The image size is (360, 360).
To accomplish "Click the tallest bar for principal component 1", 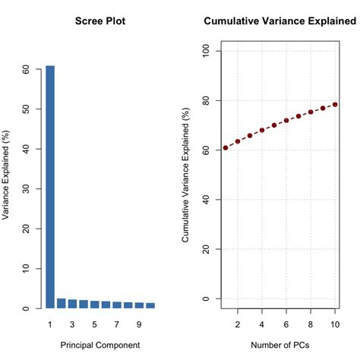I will coord(50,187).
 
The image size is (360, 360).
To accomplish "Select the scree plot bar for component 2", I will coord(62,304).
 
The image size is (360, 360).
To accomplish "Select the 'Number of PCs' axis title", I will coord(280,346).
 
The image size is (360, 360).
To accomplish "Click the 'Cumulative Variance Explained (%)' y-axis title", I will coord(186,175).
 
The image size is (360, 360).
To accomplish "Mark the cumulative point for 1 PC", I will coord(226,147).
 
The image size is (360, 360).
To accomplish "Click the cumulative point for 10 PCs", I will coord(335,104).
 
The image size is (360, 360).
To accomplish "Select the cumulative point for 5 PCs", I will coord(274,125).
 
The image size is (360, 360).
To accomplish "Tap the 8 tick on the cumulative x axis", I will coord(311,325).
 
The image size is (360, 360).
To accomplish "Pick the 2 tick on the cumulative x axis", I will coord(238,325).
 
